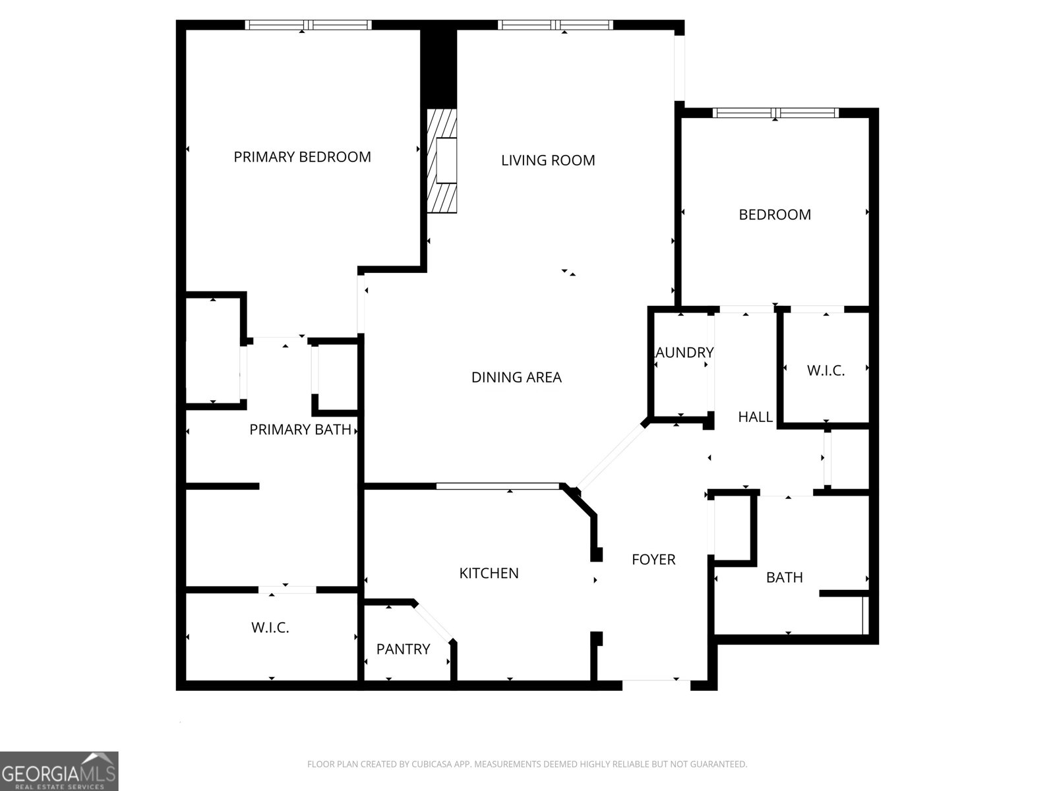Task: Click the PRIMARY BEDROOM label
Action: pyautogui.click(x=302, y=157)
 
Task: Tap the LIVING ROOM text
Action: pyautogui.click(x=548, y=160)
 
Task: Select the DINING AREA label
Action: pyautogui.click(x=516, y=377)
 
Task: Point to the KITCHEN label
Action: pyautogui.click(x=489, y=573)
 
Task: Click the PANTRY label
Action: pyautogui.click(x=403, y=649)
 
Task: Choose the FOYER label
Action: pyautogui.click(x=653, y=560)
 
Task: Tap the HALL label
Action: pyautogui.click(x=755, y=417)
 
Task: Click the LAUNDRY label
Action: pyautogui.click(x=684, y=353)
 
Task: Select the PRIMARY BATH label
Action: pyautogui.click(x=300, y=430)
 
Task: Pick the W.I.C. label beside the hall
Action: pyautogui.click(x=826, y=370)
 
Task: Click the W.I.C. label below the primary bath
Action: pyautogui.click(x=270, y=628)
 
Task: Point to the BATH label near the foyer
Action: pyautogui.click(x=784, y=577)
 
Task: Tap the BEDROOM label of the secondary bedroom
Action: pyautogui.click(x=775, y=214)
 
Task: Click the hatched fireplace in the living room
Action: pyautogui.click(x=442, y=161)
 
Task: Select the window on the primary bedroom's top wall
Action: pyautogui.click(x=308, y=25)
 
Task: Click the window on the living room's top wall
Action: pyautogui.click(x=555, y=25)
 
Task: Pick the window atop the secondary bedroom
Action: pyautogui.click(x=777, y=113)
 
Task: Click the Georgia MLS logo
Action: pyautogui.click(x=59, y=771)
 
